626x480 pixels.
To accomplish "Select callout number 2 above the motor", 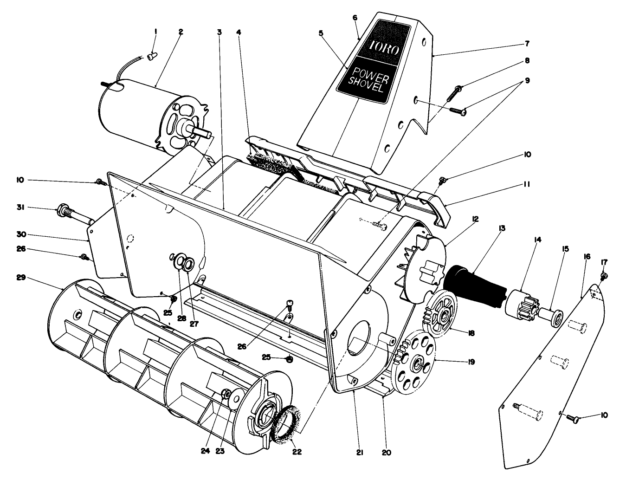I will [181, 32].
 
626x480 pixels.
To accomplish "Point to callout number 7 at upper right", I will [527, 44].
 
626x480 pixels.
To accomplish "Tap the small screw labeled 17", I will [604, 277].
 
